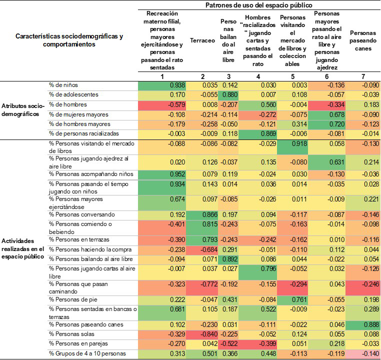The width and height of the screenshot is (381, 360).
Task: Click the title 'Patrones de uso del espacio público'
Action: [259, 4]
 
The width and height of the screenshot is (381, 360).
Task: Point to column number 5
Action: [294, 76]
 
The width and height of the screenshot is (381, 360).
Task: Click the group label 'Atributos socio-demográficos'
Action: [23, 110]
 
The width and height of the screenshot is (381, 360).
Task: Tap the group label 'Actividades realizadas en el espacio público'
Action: [23, 248]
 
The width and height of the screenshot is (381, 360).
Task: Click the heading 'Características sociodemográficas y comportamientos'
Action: [69, 40]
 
